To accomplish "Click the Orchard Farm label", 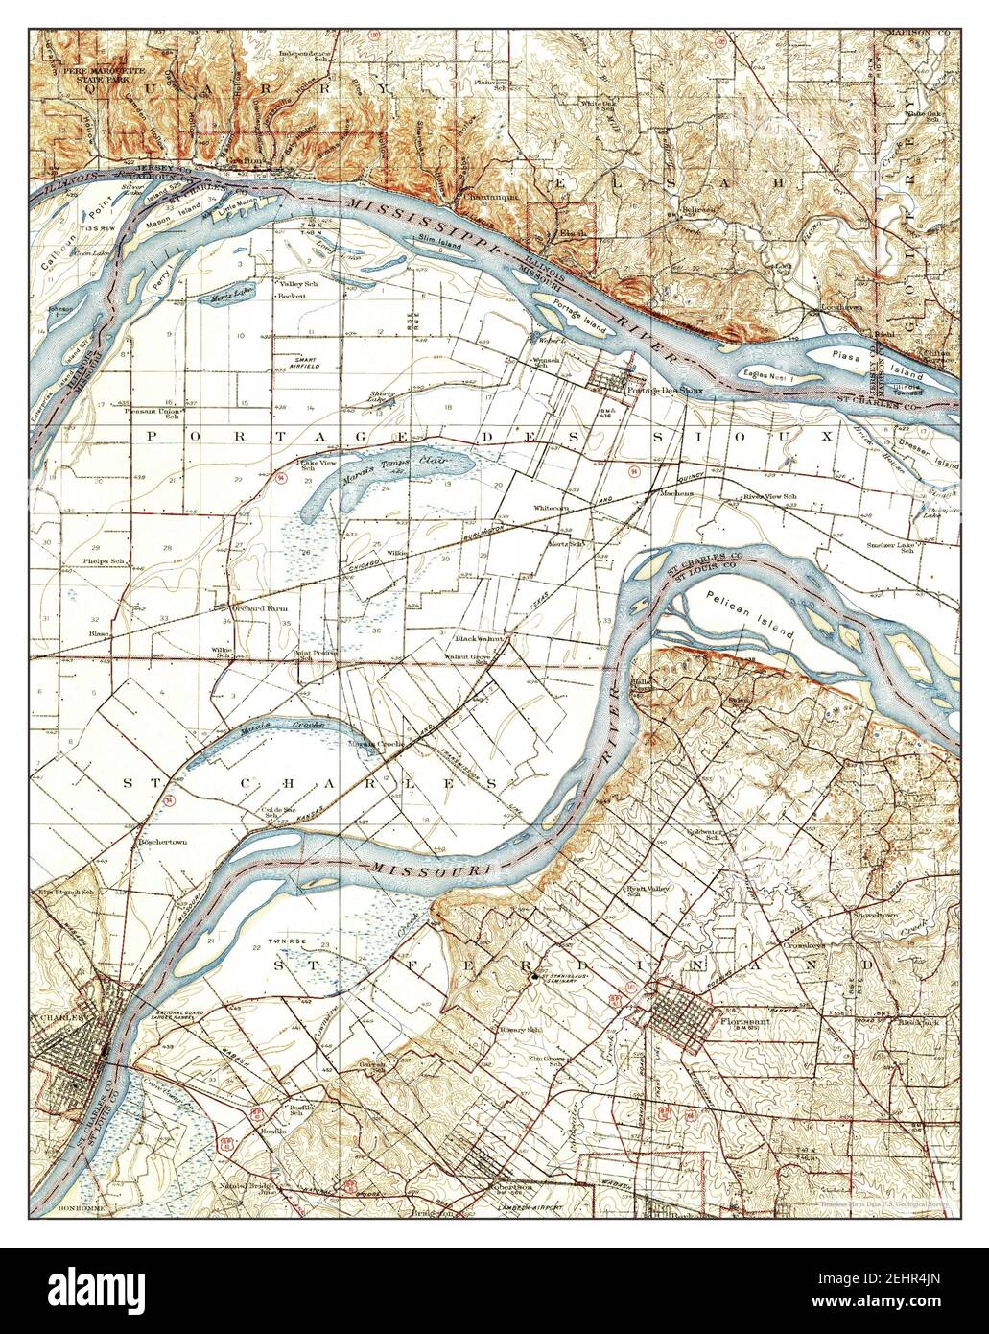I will [x=259, y=607].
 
